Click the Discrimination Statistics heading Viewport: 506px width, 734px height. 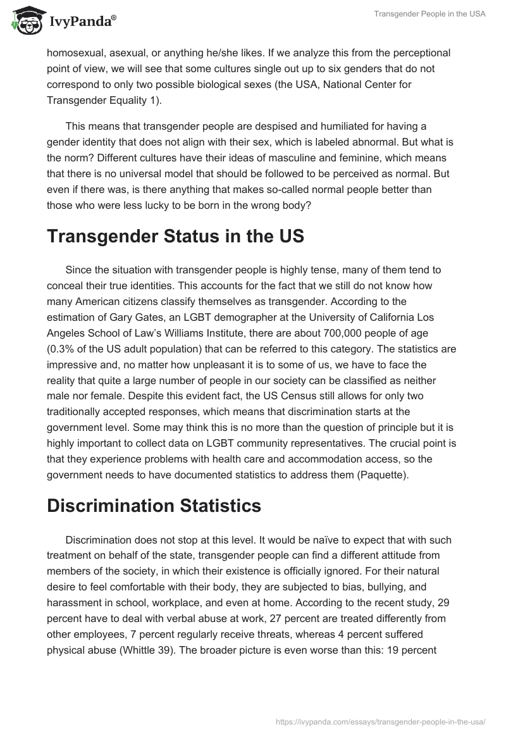click(154, 506)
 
